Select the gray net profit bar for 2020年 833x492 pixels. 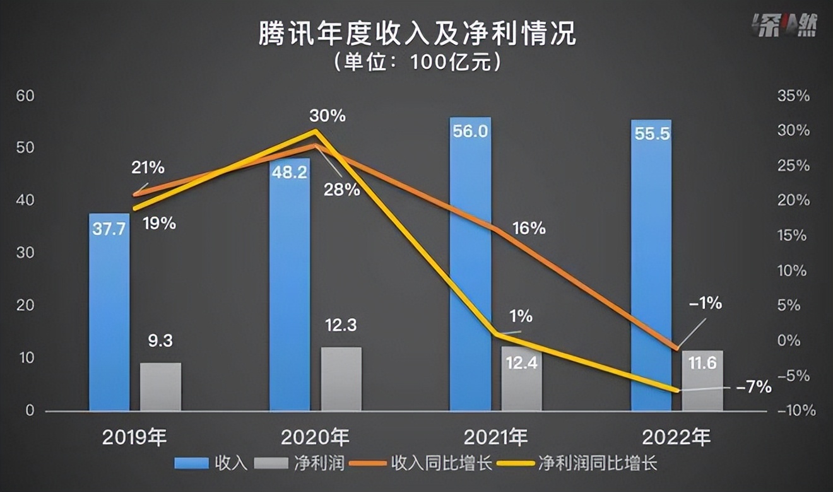click(x=341, y=379)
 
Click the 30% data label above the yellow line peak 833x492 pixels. click(x=327, y=116)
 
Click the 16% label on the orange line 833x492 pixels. click(x=529, y=228)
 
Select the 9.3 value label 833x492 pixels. click(x=160, y=341)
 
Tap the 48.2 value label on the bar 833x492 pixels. click(x=289, y=172)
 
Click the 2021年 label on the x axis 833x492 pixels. click(x=496, y=436)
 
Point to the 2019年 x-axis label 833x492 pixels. click(x=134, y=436)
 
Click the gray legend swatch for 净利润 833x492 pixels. click(x=272, y=464)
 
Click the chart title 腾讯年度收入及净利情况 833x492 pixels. click(x=416, y=34)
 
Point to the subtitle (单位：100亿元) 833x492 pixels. click(x=416, y=62)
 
